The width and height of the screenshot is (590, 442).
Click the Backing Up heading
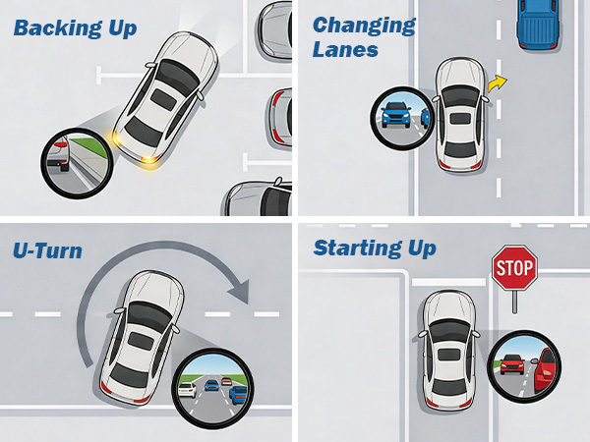(x=75, y=28)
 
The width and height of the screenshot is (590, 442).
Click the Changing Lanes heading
(x=364, y=37)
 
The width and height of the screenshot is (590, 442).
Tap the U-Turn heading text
(x=47, y=250)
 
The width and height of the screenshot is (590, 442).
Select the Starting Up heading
(x=375, y=249)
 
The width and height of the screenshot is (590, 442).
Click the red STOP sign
(x=514, y=267)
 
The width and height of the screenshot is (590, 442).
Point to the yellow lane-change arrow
(x=497, y=83)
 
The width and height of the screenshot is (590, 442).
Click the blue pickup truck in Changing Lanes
(x=538, y=25)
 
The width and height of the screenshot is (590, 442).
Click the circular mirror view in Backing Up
(x=77, y=163)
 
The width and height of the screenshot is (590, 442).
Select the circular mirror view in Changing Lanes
(x=401, y=119)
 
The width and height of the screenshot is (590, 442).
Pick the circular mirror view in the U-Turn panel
(x=212, y=388)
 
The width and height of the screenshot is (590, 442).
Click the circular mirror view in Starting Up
(x=524, y=366)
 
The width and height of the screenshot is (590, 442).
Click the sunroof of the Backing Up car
(x=163, y=99)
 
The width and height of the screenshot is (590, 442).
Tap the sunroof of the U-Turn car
(x=141, y=340)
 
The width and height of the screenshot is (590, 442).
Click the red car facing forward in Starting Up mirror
(x=512, y=363)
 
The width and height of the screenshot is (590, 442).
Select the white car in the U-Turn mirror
(x=188, y=390)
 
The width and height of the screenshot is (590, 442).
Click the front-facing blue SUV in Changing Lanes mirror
(x=396, y=115)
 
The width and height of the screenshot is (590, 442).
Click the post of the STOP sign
(x=514, y=302)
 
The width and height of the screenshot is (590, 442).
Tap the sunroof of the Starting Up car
(x=449, y=355)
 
